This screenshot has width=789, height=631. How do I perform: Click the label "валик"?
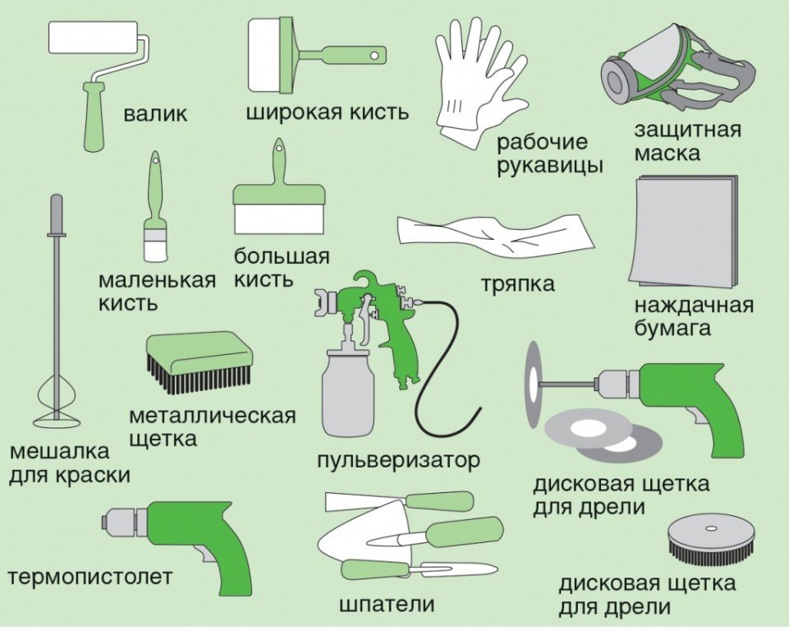[x=154, y=113]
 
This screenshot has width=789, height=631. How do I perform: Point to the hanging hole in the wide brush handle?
[x=375, y=55]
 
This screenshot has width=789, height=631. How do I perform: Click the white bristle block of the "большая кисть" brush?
[x=279, y=219]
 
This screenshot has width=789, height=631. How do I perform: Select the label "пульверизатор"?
[x=397, y=459]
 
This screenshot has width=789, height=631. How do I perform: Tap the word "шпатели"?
[x=386, y=606]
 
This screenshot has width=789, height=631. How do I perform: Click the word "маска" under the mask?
[x=667, y=154]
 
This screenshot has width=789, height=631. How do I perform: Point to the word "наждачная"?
[x=693, y=306]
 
